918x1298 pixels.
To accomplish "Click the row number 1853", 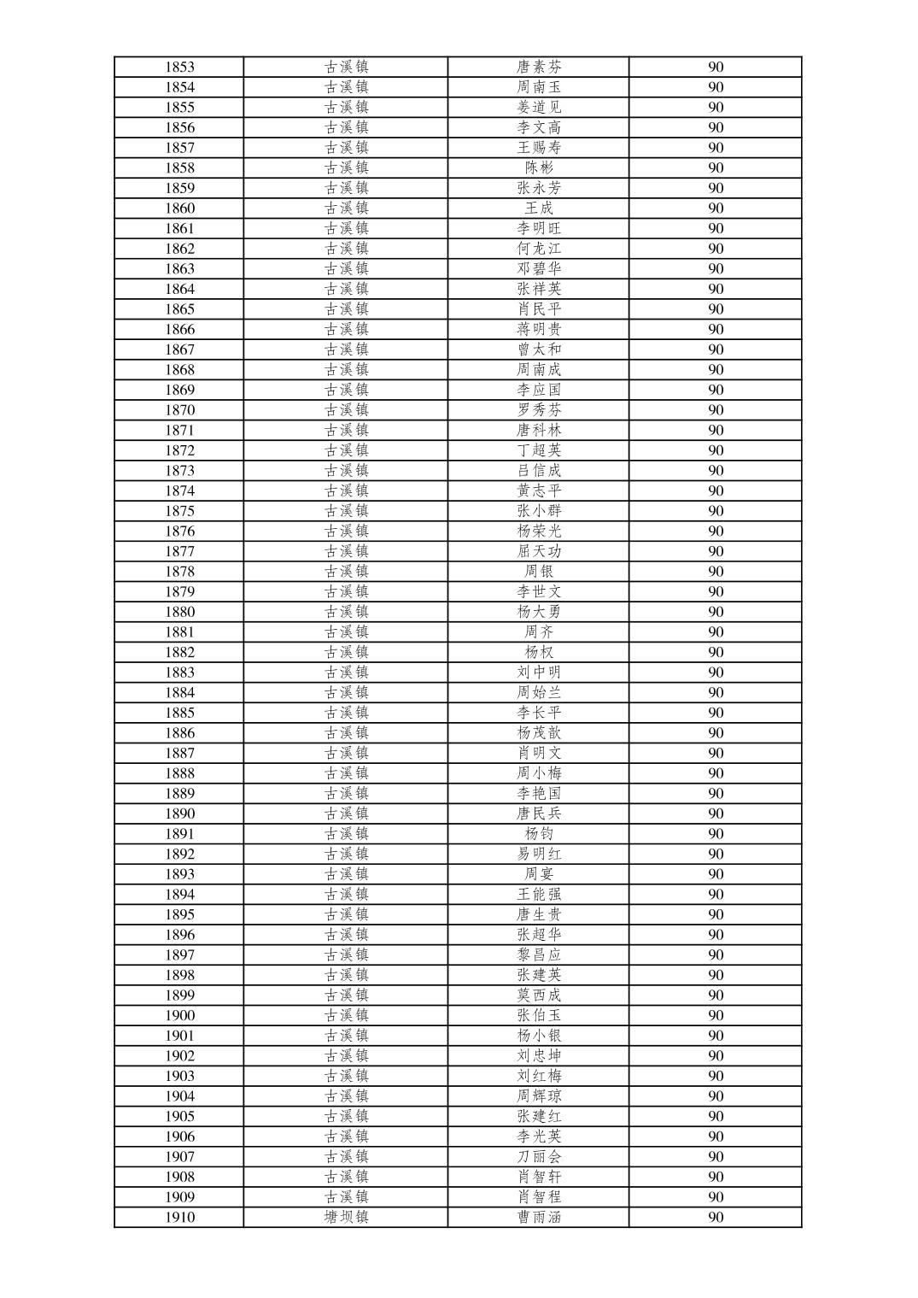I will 179,67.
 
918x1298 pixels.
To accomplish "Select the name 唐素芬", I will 539,67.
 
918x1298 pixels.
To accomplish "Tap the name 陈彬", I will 539,167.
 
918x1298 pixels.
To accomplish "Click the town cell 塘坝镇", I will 346,1217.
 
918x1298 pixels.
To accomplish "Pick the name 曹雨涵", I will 539,1217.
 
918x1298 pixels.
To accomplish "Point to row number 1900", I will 179,1015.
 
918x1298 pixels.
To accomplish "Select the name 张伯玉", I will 539,1015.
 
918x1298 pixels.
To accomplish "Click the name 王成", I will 539,208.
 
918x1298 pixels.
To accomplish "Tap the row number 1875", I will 179,511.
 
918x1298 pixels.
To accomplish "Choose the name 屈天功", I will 539,551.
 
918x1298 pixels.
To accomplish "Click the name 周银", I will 539,572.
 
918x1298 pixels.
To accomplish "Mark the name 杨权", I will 539,652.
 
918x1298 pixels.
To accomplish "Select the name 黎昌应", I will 539,954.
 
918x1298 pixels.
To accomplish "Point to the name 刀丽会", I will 539,1156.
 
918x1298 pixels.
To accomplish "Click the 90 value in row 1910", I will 716,1217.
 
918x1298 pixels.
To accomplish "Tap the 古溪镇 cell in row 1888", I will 346,773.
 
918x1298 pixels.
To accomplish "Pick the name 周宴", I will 539,874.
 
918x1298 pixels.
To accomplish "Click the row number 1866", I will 179,329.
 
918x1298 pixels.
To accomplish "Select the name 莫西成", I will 539,995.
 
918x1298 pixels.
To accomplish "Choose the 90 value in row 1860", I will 716,208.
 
